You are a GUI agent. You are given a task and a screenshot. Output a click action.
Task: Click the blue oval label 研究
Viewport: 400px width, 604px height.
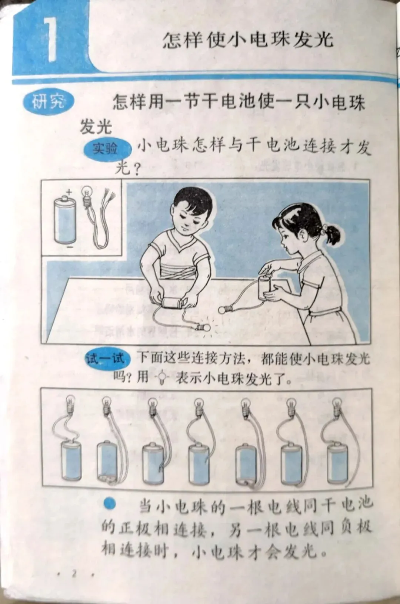(49, 102)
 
